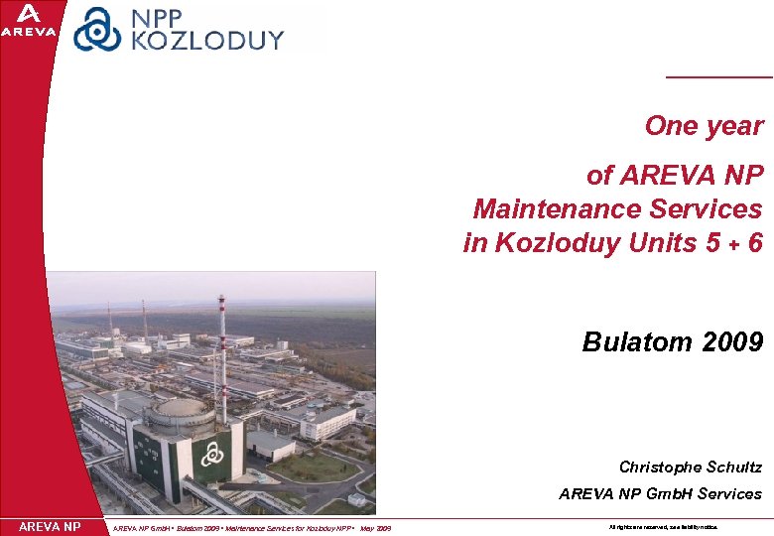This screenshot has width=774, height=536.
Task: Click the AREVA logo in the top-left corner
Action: tap(29, 21)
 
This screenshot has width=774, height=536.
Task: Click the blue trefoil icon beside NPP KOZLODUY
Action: tap(97, 29)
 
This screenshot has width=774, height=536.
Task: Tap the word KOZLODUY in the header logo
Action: tap(207, 41)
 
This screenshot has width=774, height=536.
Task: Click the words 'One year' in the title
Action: tap(704, 126)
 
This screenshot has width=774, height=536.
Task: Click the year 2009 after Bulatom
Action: tap(732, 342)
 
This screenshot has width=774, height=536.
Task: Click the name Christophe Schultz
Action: tap(690, 467)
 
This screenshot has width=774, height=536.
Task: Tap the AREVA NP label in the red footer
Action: tap(50, 526)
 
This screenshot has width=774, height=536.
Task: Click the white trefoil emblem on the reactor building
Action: tap(211, 454)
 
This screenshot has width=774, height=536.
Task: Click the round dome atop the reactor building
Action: tap(180, 408)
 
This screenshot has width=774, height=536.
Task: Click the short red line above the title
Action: tap(718, 76)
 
